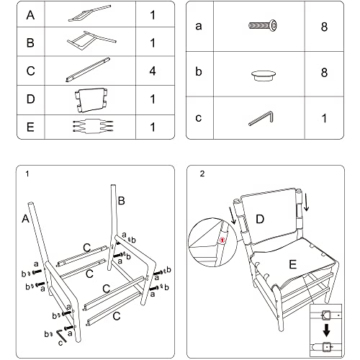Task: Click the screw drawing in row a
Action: (x=263, y=25)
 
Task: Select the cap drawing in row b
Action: (x=264, y=76)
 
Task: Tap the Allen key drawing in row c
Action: (x=261, y=118)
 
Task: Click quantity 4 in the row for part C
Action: (x=153, y=71)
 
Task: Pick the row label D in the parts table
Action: (x=30, y=99)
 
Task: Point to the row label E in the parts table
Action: (x=30, y=127)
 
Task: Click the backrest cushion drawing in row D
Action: (x=91, y=100)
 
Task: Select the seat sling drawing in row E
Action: (x=93, y=126)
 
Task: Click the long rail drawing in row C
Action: (x=88, y=70)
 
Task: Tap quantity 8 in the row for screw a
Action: (x=324, y=27)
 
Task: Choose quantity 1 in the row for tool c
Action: (x=325, y=118)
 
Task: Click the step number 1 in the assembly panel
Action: (x=27, y=174)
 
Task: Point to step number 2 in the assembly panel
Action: (x=202, y=174)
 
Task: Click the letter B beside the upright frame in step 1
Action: (x=122, y=201)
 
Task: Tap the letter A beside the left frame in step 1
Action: (x=25, y=218)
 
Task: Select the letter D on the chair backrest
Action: (x=260, y=219)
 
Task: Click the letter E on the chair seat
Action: (x=293, y=264)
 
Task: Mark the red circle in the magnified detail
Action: (x=223, y=240)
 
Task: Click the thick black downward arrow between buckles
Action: (x=326, y=330)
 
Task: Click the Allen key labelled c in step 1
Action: (x=60, y=335)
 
